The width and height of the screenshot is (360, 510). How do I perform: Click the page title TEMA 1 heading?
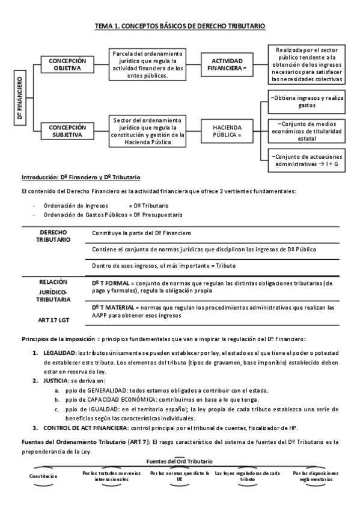click(x=180, y=26)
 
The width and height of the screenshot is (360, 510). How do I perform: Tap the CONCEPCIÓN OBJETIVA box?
click(x=67, y=65)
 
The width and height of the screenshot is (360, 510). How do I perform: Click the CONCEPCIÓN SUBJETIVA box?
click(x=67, y=131)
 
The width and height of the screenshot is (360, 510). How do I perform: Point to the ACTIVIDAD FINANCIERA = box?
click(x=227, y=65)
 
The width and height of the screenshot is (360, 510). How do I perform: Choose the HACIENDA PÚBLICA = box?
click(x=227, y=131)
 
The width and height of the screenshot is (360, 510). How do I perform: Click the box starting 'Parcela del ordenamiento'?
click(x=148, y=65)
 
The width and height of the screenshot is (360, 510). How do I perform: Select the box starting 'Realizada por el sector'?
click(x=307, y=65)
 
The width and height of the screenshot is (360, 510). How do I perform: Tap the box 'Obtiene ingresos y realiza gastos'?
click(x=307, y=101)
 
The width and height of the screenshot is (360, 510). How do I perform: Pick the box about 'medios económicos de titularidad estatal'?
click(x=307, y=132)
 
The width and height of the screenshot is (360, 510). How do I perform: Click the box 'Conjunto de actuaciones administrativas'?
click(x=307, y=161)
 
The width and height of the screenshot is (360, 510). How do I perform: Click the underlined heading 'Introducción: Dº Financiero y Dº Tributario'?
click(x=81, y=177)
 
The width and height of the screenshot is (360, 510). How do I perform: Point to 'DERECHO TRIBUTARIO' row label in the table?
click(x=53, y=236)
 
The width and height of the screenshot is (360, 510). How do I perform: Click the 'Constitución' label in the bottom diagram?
click(x=43, y=476)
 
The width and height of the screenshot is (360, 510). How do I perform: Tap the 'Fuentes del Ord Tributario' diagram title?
click(x=179, y=461)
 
